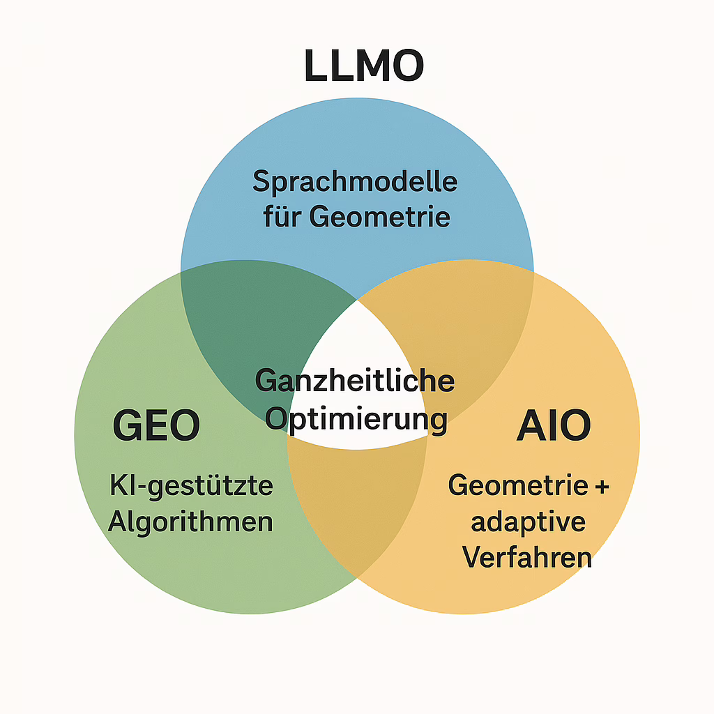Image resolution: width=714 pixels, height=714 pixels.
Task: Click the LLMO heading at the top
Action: (364, 65)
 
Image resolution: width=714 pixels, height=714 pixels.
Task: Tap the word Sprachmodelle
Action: (355, 182)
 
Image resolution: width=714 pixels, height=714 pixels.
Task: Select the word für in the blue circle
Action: (282, 216)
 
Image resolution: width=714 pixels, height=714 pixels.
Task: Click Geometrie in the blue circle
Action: (380, 216)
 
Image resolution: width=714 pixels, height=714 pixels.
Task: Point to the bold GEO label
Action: (156, 425)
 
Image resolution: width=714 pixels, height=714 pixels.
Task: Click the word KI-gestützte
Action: (191, 486)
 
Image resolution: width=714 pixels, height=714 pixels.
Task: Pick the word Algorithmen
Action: (190, 521)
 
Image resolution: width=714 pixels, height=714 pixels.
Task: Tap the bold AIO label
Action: (554, 425)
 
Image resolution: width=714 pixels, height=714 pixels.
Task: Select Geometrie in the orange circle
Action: (518, 485)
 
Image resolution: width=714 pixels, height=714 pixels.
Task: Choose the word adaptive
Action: (529, 522)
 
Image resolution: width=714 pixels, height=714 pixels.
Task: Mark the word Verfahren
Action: (527, 556)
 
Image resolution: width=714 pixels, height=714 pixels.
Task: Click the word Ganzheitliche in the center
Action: (355, 381)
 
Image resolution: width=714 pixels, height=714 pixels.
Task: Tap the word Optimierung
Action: (356, 419)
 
